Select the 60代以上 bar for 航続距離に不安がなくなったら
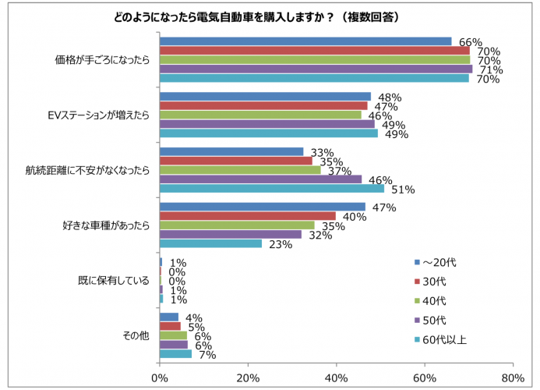coord(271,189)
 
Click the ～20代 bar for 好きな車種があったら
coord(263,207)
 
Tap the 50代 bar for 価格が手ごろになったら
coord(316,69)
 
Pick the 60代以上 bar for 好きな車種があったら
coord(210,243)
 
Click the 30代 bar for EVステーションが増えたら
coord(263,106)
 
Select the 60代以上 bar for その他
coord(175,354)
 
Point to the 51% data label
coord(403,190)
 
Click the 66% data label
coord(471,41)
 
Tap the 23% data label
coord(281,244)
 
